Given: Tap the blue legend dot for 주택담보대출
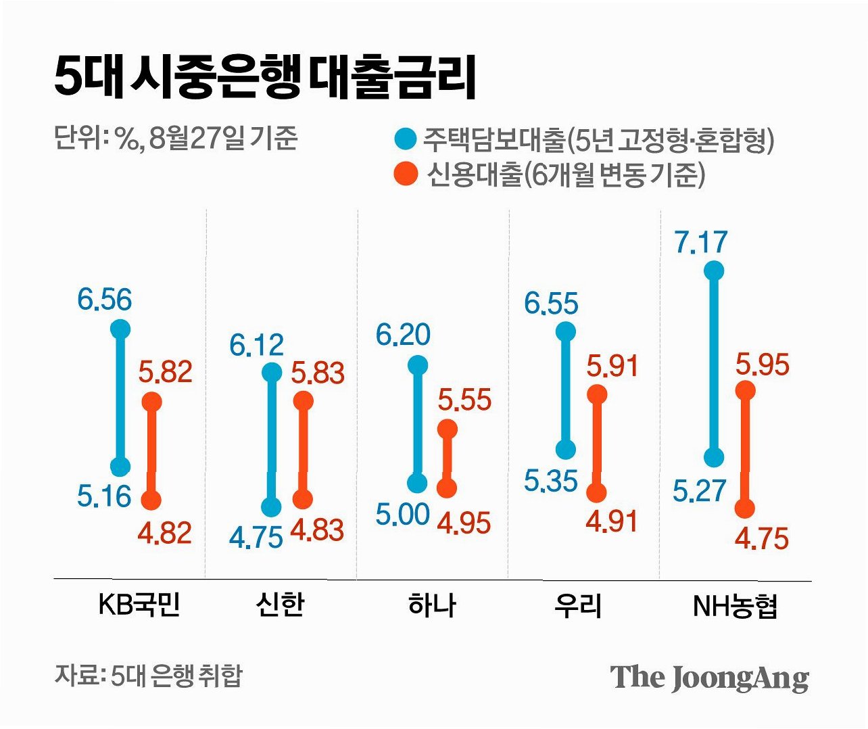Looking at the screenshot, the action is (405, 139).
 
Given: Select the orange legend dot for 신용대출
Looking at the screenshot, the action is (406, 174).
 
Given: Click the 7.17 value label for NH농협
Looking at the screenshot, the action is (702, 241).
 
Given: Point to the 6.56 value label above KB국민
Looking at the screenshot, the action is (104, 299).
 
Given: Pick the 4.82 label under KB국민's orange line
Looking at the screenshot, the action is (165, 533).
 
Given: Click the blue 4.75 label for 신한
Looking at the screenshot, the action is (256, 538).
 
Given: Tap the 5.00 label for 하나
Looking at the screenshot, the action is (403, 514).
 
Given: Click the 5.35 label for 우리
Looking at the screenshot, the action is (551, 481).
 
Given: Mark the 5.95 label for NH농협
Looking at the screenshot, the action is (763, 364).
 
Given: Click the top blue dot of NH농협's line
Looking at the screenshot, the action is (714, 271).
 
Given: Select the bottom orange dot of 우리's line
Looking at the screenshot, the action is (597, 492).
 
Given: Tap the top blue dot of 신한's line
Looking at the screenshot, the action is (272, 373).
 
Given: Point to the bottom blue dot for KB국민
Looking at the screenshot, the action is (120, 466).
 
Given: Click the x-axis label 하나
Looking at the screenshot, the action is (433, 606).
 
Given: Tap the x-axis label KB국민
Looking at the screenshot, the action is (139, 605).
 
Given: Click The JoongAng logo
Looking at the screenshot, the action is (710, 678).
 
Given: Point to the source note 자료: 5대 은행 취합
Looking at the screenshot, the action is (148, 676).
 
